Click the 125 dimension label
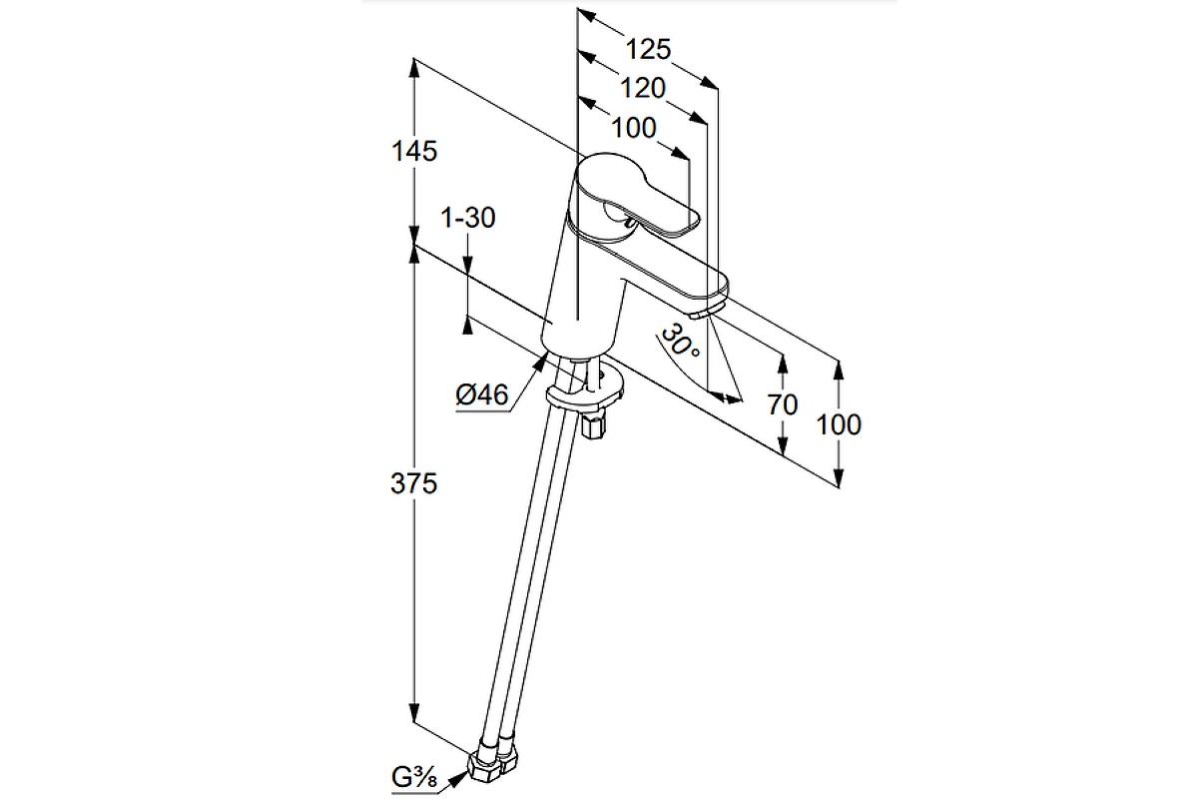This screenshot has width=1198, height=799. [649, 48]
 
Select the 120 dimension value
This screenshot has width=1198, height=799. [643, 88]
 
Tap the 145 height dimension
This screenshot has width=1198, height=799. [414, 152]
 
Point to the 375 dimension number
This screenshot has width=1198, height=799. [414, 484]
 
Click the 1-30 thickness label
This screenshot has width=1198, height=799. [468, 219]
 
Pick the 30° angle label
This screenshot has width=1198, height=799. [681, 342]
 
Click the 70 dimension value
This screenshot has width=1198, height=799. [784, 404]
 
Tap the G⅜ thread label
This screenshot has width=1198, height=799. [413, 774]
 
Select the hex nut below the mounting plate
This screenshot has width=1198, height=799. [593, 426]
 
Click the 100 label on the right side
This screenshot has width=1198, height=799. [838, 424]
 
